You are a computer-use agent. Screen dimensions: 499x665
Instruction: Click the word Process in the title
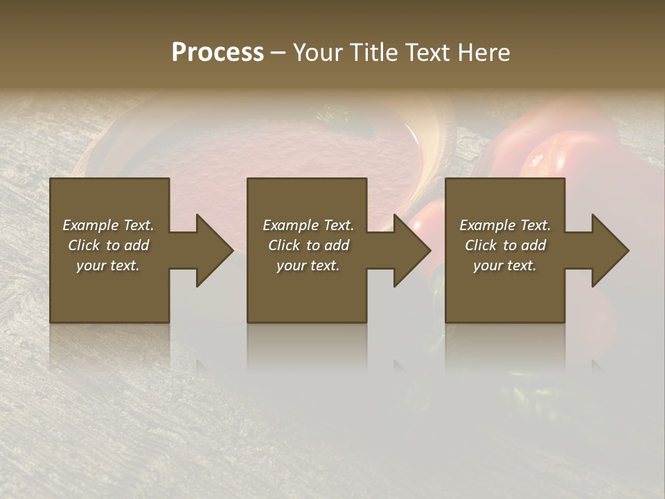point(218,53)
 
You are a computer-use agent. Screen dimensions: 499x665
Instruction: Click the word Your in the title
point(316,53)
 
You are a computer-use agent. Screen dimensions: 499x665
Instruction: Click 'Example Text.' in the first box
point(108,225)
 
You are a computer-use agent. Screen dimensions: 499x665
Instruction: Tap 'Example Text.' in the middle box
point(308,225)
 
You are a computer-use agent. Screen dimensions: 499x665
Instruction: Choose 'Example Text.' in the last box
point(505,225)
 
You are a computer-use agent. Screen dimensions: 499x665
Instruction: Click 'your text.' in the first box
point(108,265)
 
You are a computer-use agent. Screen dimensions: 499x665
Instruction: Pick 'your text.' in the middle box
point(308,265)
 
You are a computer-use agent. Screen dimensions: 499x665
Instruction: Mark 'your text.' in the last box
point(505,265)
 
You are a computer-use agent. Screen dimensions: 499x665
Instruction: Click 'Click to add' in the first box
point(108,245)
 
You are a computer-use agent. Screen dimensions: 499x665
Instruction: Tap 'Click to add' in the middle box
point(308,245)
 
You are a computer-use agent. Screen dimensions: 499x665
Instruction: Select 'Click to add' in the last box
point(505,245)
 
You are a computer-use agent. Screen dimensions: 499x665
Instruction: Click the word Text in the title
point(426,53)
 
